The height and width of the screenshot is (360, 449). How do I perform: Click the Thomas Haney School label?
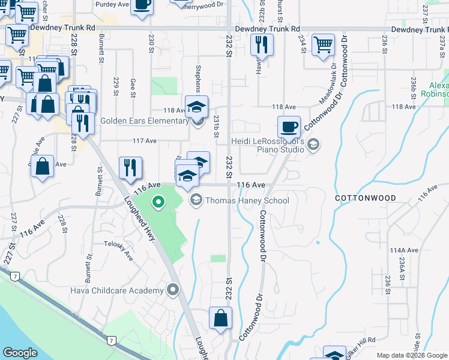(247, 201)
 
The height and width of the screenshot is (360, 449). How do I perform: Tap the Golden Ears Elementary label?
(145, 121)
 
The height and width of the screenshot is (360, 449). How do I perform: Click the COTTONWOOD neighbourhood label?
(366, 198)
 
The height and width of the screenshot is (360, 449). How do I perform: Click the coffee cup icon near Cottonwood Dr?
(289, 127)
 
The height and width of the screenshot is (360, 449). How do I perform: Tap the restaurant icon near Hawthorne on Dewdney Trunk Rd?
(262, 45)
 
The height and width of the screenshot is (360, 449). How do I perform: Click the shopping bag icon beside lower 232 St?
(220, 318)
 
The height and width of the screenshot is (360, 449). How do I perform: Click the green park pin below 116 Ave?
(158, 202)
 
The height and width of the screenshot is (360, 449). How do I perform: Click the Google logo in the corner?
(20, 353)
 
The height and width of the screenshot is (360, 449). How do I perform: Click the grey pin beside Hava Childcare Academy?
(173, 291)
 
